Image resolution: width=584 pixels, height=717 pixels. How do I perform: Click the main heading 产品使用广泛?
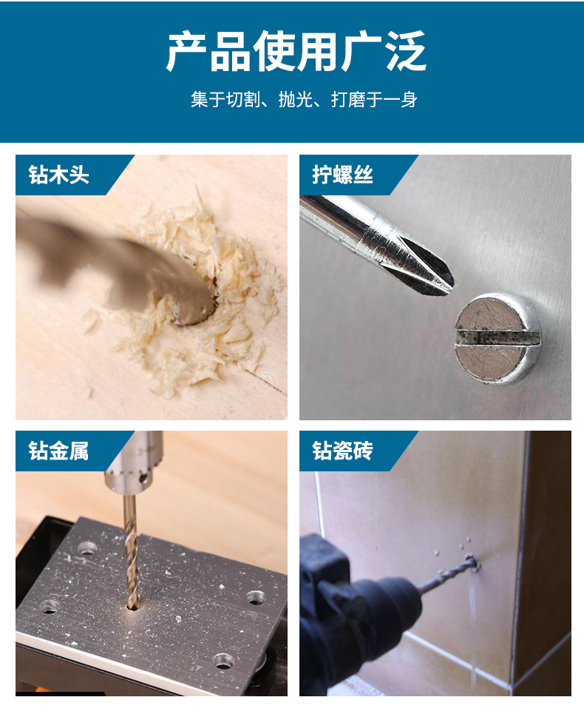[x=296, y=51]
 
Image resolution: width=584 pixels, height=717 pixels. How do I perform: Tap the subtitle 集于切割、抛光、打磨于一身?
[x=304, y=99]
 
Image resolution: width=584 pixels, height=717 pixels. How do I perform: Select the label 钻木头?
[x=58, y=175]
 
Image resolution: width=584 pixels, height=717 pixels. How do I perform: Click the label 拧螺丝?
[x=342, y=175]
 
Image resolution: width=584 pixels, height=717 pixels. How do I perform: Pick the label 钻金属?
[x=58, y=451]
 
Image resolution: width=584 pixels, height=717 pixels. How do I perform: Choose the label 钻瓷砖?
[x=342, y=451]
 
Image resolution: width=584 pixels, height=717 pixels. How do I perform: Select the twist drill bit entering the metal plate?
[x=130, y=553]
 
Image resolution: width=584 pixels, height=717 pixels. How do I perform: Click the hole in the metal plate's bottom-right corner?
[x=223, y=660]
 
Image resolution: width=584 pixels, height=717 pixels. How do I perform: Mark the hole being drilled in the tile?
[x=472, y=562]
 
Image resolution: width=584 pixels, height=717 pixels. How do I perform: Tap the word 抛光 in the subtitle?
[x=295, y=99]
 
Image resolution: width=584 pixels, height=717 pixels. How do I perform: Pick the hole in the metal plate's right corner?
[x=256, y=597]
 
